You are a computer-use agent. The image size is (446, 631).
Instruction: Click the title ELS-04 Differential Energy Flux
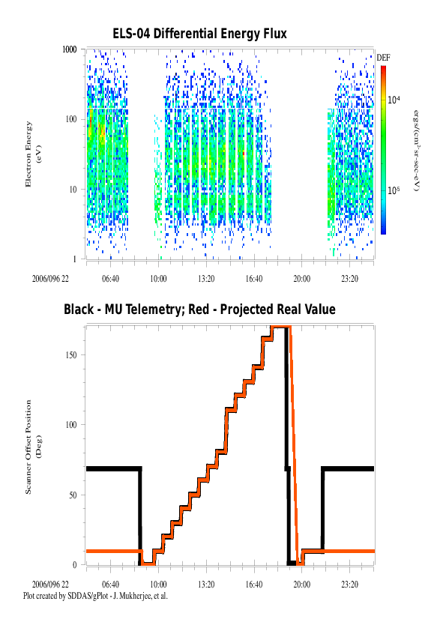click(199, 34)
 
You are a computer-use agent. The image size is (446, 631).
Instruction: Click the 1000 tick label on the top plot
click(69, 49)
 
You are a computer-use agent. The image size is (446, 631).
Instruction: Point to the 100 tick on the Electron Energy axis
click(71, 119)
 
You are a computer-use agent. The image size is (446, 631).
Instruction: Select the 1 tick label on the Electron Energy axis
click(74, 259)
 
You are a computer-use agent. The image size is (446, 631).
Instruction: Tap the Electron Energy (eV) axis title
click(33, 154)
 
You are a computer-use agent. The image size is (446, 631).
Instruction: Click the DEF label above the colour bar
click(383, 58)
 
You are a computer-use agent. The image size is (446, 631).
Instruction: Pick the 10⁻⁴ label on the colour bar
click(394, 100)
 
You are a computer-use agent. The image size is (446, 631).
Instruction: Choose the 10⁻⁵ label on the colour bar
click(394, 190)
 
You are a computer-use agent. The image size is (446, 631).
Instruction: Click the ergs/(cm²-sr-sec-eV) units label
click(417, 151)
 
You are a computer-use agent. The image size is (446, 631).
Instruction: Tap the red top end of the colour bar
click(384, 67)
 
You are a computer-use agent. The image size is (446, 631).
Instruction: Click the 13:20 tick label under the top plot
click(206, 279)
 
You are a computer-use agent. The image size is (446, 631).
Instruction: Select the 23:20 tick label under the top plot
click(349, 279)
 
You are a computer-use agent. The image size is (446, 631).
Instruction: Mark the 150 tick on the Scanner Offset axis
click(71, 355)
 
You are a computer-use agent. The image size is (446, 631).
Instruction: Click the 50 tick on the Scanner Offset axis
click(73, 495)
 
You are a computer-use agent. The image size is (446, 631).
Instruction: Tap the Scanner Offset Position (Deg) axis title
click(33, 447)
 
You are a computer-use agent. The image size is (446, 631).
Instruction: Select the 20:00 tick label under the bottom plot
click(302, 585)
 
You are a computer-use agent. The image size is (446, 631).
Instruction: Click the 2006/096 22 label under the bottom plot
click(50, 585)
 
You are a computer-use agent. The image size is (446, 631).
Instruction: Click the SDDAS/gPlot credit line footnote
click(95, 596)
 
